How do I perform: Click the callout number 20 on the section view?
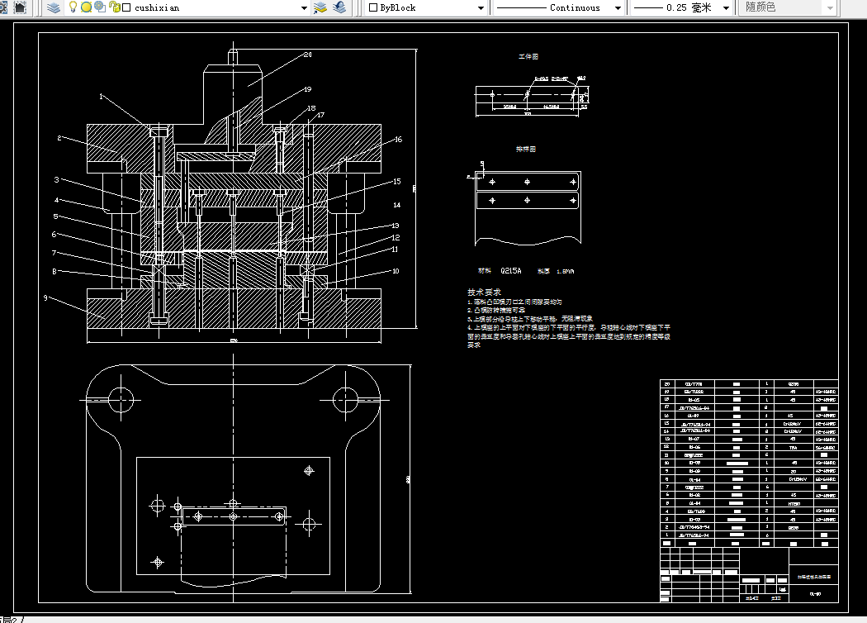307,55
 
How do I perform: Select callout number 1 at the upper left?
102,97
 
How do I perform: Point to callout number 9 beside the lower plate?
46,297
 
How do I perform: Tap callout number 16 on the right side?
397,140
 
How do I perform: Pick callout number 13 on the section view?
396,225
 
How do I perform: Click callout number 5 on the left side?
54,216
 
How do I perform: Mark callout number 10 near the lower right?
396,270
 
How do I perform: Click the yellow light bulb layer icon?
73,7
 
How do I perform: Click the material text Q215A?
512,270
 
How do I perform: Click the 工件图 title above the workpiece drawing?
528,57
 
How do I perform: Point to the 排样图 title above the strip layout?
526,150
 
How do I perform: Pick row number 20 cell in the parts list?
666,384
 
